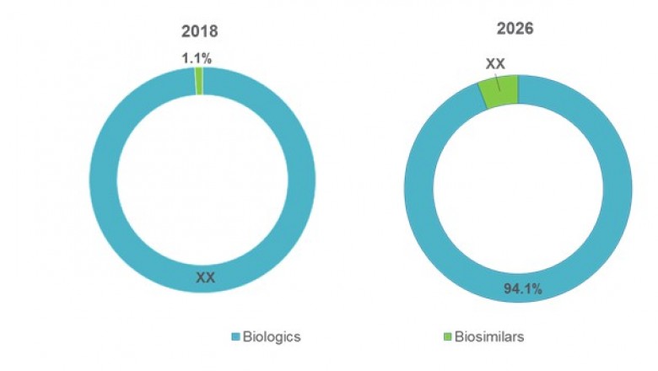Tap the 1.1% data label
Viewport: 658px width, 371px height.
(x=197, y=59)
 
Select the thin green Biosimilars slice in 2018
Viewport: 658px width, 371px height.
(x=199, y=81)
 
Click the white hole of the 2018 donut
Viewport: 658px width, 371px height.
(x=202, y=181)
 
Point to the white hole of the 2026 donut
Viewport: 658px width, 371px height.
(x=517, y=190)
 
